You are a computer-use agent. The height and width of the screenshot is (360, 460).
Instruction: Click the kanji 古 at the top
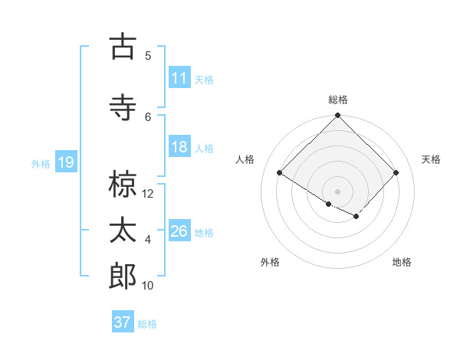pyautogui.click(x=123, y=47)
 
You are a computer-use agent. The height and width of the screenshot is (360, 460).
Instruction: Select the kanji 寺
pyautogui.click(x=123, y=108)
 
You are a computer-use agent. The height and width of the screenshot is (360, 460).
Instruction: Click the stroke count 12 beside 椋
pyautogui.click(x=149, y=194)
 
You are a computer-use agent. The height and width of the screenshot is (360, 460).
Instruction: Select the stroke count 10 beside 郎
pyautogui.click(x=149, y=286)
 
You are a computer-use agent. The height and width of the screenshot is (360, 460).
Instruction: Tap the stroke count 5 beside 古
pyautogui.click(x=148, y=56)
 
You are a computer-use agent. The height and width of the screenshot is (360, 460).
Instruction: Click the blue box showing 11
pyautogui.click(x=179, y=77)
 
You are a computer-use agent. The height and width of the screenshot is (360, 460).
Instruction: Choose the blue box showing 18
pyautogui.click(x=179, y=147)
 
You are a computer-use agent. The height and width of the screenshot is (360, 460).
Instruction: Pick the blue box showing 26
pyautogui.click(x=179, y=231)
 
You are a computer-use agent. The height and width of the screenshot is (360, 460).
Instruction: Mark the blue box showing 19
pyautogui.click(x=65, y=162)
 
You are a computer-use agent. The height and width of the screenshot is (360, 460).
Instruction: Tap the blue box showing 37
pyautogui.click(x=123, y=322)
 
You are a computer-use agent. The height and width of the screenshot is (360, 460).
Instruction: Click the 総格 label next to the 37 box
pyautogui.click(x=148, y=324)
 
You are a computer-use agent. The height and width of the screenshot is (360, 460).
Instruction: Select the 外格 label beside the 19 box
pyautogui.click(x=41, y=163)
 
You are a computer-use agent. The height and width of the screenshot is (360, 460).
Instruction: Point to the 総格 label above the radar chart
pyautogui.click(x=337, y=100)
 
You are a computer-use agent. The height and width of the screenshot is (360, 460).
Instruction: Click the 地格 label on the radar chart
pyautogui.click(x=402, y=262)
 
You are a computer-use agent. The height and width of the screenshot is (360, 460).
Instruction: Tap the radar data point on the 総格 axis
pyautogui.click(x=337, y=116)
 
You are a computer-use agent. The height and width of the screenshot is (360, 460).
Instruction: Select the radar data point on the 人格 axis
pyautogui.click(x=280, y=173)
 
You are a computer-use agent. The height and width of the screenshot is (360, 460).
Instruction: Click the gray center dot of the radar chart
pyautogui.click(x=337, y=191)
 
